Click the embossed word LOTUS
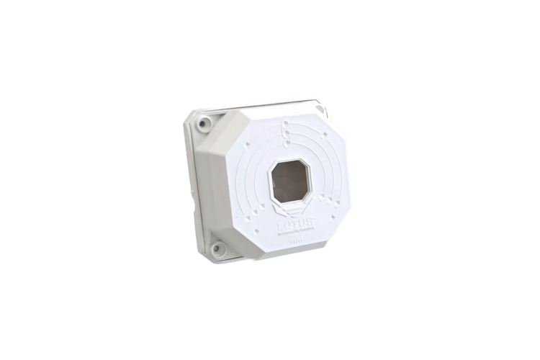(294, 226)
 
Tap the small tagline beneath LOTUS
(295, 235)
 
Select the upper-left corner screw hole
(205, 122)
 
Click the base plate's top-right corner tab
(322, 111)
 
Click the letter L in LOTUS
(282, 227)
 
